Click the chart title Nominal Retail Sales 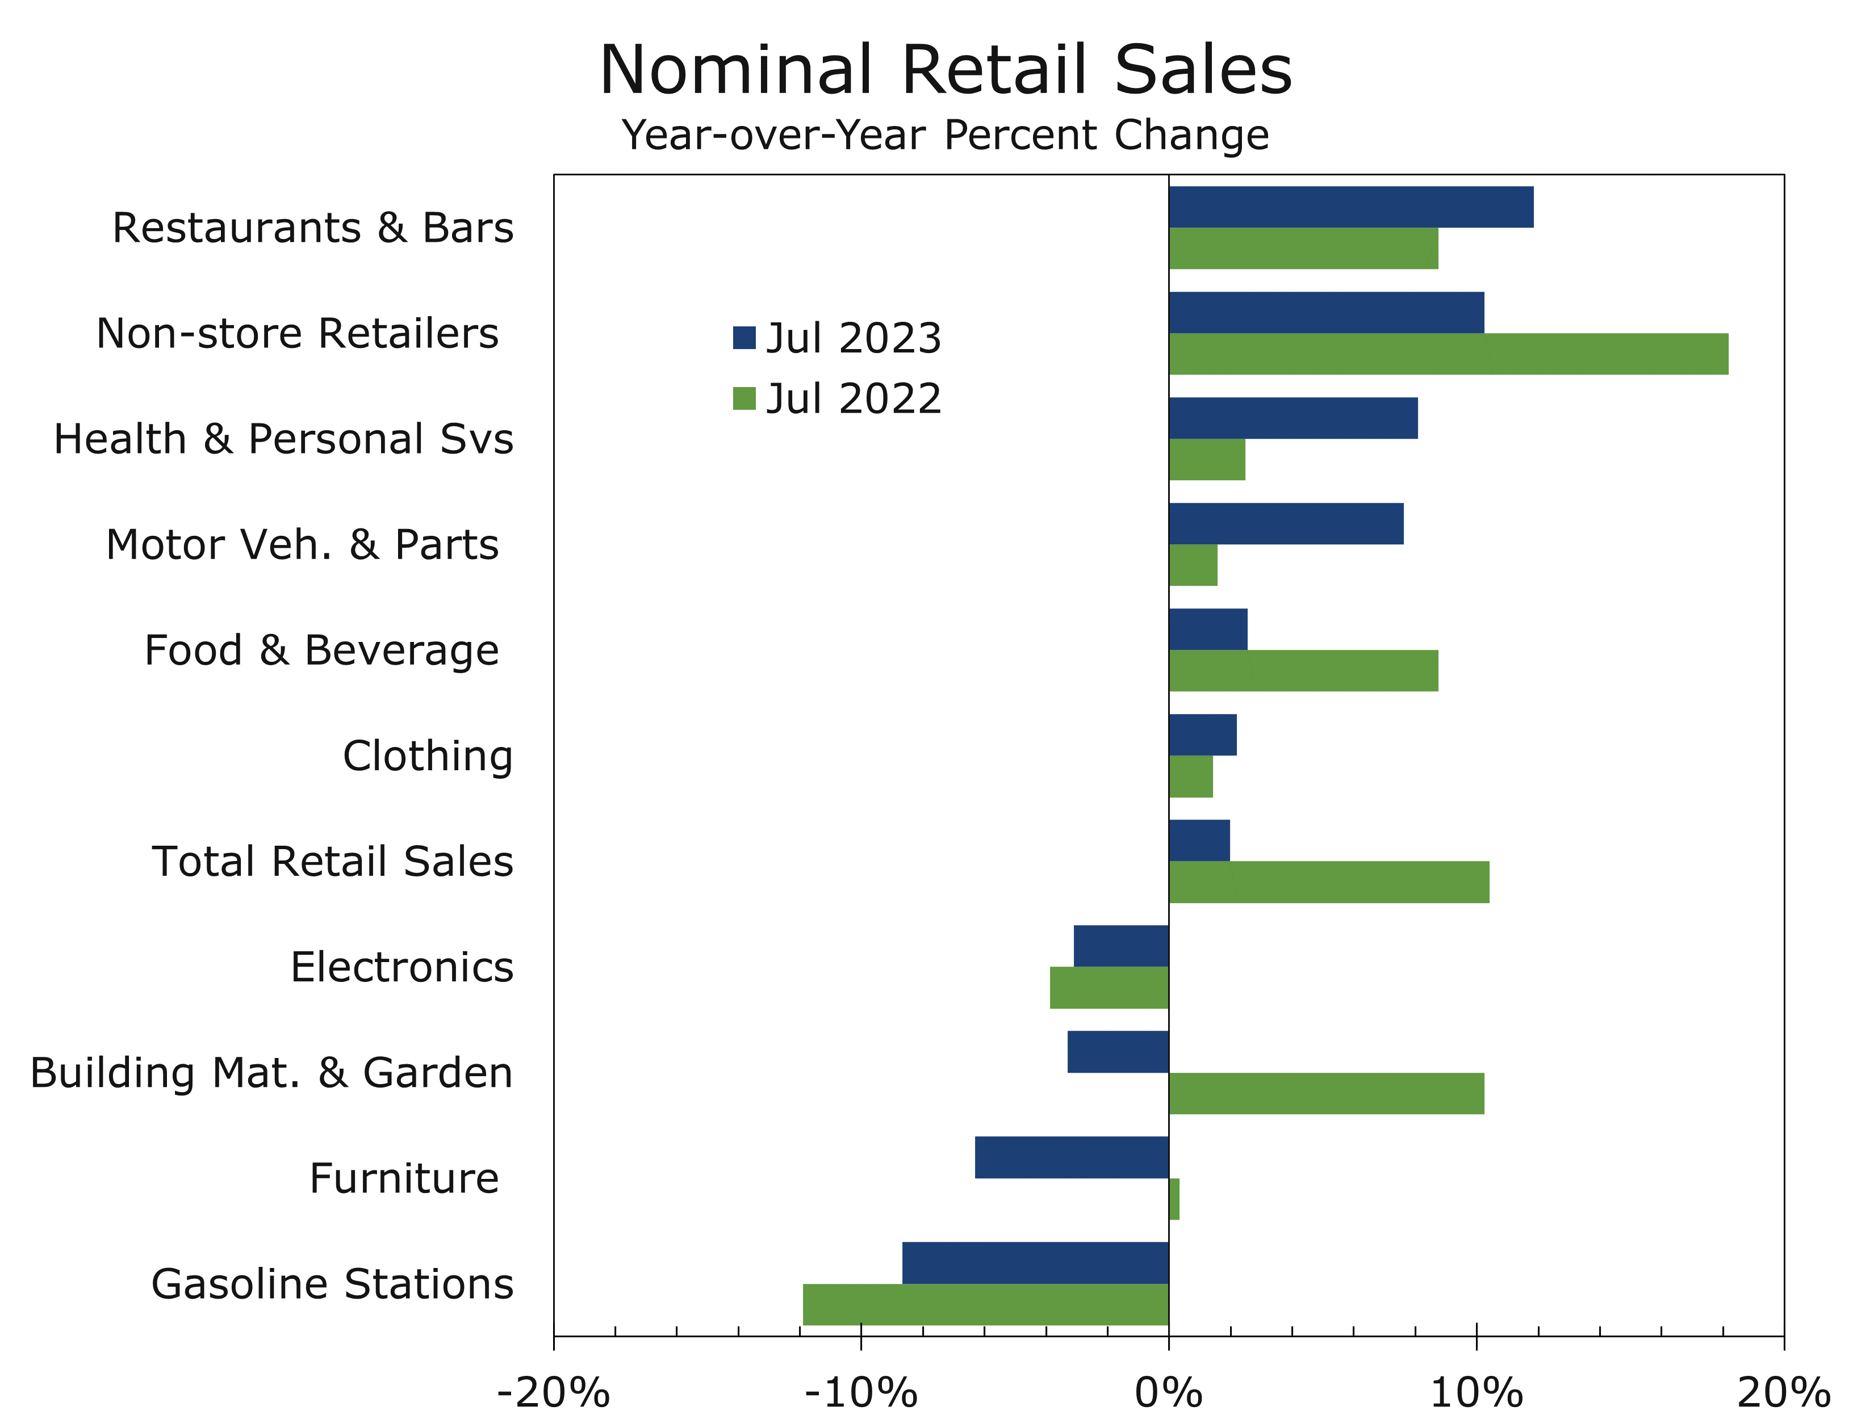[945, 70]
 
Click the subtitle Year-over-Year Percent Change [945, 135]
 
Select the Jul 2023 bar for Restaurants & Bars [1350, 207]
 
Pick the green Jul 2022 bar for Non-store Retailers [1448, 354]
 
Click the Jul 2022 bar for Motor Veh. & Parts [1193, 565]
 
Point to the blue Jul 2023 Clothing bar [1202, 735]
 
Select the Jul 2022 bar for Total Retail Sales [1328, 882]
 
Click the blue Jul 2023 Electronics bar [1120, 946]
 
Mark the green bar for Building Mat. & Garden [1326, 1093]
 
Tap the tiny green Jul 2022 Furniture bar [1174, 1199]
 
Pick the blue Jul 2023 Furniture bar [1072, 1157]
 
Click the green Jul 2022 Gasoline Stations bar [985, 1304]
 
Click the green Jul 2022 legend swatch [744, 398]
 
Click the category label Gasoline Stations [332, 1284]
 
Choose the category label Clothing [428, 756]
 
